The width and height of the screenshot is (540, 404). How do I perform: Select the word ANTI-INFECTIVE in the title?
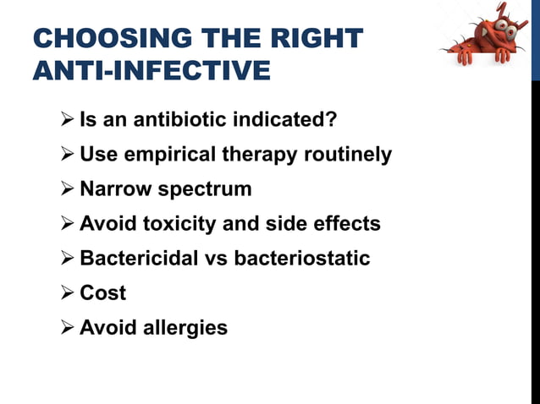point(152,70)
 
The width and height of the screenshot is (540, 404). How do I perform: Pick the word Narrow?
point(112,188)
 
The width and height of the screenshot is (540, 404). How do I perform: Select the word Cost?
point(102,292)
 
